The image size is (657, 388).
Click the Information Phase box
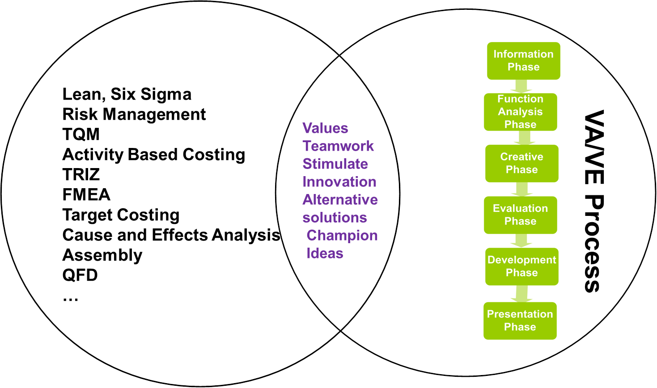[x=523, y=61]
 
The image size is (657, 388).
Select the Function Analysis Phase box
[x=520, y=112]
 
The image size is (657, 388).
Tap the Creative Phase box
[x=521, y=163]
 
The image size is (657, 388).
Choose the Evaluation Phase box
[x=520, y=215]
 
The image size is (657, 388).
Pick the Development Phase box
[x=521, y=266]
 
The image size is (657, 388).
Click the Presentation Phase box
[x=520, y=321]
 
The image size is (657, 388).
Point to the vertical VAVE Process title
[x=594, y=201]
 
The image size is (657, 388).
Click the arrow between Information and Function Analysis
[x=521, y=86]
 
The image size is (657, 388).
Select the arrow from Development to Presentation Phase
[x=521, y=294]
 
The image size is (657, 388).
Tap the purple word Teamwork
[x=338, y=146]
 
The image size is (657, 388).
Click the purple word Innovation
[x=339, y=182]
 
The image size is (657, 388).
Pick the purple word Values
[x=325, y=128]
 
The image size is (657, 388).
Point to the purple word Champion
[x=342, y=236]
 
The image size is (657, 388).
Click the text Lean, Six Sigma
[x=127, y=94]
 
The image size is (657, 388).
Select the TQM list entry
[x=81, y=135]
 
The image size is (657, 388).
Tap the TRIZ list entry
[x=81, y=175]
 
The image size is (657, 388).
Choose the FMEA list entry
[x=86, y=195]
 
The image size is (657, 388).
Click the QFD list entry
[x=80, y=275]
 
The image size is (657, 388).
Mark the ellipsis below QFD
[x=71, y=299]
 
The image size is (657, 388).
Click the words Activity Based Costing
[x=154, y=155]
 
